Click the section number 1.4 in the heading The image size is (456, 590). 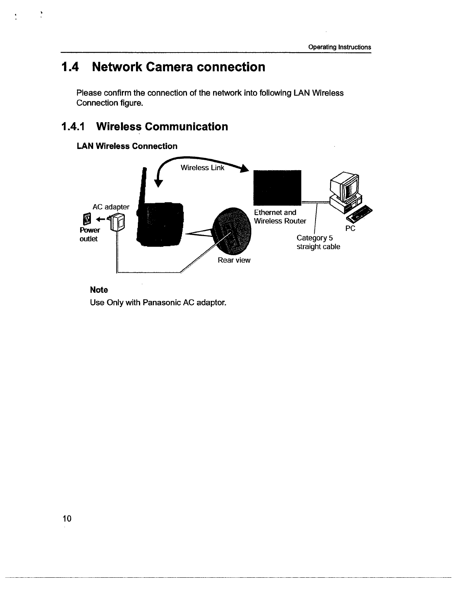[x=70, y=67]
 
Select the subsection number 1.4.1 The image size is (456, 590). [x=73, y=127]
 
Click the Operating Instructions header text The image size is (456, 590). [x=339, y=47]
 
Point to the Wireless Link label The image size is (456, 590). [x=202, y=168]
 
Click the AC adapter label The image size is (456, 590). [x=111, y=207]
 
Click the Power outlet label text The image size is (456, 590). [x=89, y=234]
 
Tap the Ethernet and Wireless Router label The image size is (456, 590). [x=279, y=217]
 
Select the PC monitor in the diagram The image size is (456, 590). [x=347, y=186]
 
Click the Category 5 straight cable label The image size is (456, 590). [x=318, y=242]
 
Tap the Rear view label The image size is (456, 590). [x=234, y=260]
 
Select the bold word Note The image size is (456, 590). [x=99, y=290]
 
